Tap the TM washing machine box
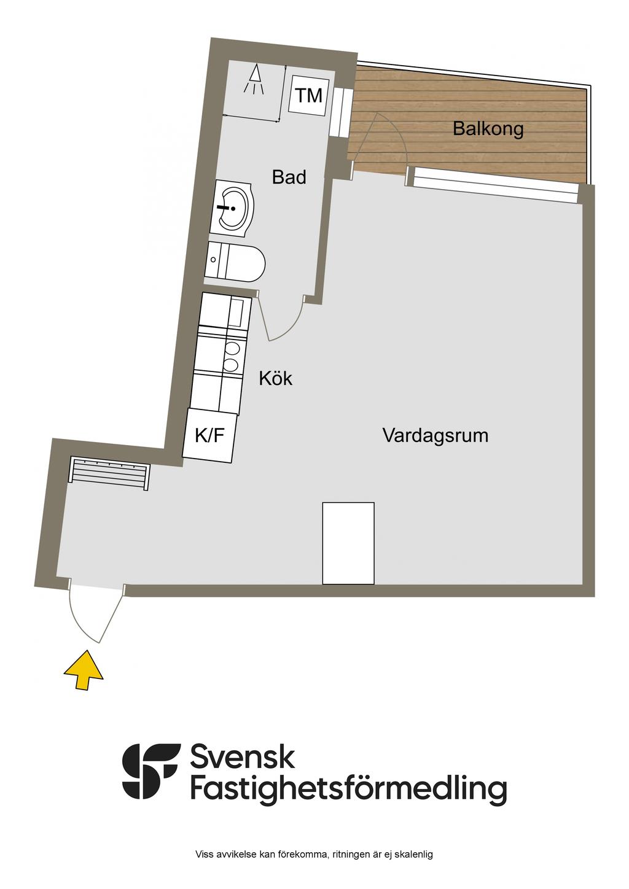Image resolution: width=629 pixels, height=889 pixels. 308,95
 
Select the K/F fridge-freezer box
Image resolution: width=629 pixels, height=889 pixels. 209,436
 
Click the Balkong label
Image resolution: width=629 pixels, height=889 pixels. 488,129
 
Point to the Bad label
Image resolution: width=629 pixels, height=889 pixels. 289,177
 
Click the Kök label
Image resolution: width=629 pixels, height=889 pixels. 275,378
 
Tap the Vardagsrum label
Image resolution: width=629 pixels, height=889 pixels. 436,435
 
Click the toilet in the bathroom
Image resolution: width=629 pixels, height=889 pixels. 237,262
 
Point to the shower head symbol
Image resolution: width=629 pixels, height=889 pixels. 254,80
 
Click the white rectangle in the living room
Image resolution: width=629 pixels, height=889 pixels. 348,543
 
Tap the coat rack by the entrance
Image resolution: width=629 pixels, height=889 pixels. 109,473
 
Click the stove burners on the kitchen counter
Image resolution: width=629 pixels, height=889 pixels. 232,357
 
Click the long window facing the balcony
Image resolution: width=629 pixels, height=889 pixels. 496,185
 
